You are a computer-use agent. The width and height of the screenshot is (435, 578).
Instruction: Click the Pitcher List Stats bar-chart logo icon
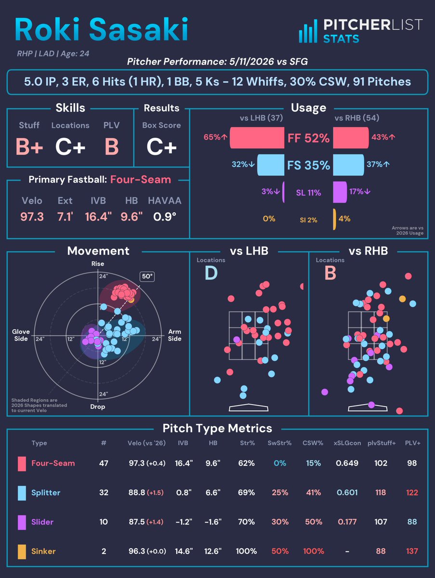point(308,31)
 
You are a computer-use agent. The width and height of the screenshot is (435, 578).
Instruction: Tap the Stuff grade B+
point(29,147)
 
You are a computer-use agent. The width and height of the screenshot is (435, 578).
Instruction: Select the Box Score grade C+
point(161,147)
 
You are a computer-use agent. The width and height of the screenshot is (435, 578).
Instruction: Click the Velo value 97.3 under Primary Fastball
point(32,217)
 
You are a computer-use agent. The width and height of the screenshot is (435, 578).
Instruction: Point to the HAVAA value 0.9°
point(165,217)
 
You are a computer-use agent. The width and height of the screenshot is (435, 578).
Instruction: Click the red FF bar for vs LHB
point(257,138)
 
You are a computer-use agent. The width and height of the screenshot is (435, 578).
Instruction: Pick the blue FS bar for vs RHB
point(349,165)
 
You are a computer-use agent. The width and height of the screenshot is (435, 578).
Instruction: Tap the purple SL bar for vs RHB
point(340,192)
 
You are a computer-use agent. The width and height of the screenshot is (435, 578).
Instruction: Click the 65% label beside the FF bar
point(212,137)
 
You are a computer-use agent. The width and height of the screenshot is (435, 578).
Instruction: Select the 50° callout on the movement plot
point(147,276)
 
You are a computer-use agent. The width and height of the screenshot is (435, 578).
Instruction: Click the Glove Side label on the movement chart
point(21,335)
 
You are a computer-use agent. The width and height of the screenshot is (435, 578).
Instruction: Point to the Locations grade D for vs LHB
point(211,273)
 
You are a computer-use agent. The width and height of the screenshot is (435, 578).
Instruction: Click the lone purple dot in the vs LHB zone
point(237,340)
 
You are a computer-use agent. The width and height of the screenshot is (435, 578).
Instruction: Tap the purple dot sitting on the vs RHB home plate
point(371,405)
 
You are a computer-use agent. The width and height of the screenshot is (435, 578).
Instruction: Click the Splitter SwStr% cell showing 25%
point(280,492)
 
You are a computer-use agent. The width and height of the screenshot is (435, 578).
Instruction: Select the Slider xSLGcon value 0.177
point(347,522)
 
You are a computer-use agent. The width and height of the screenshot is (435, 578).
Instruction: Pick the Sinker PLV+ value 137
point(412,551)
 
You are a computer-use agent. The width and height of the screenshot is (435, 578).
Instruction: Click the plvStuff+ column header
point(382,443)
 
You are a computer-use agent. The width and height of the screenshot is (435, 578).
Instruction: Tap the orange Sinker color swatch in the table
point(22,552)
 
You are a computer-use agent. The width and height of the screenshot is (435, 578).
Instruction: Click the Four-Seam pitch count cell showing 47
point(104,463)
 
